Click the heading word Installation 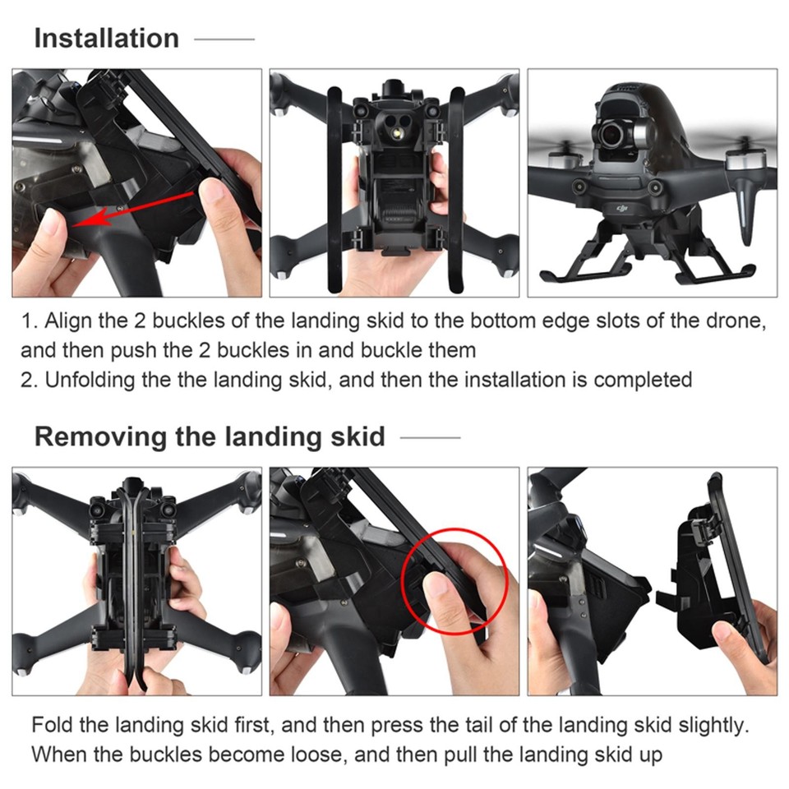[x=106, y=38]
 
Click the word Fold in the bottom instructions [x=48, y=725]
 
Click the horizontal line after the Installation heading [x=224, y=39]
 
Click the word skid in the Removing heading [x=358, y=436]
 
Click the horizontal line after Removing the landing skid [x=430, y=437]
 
